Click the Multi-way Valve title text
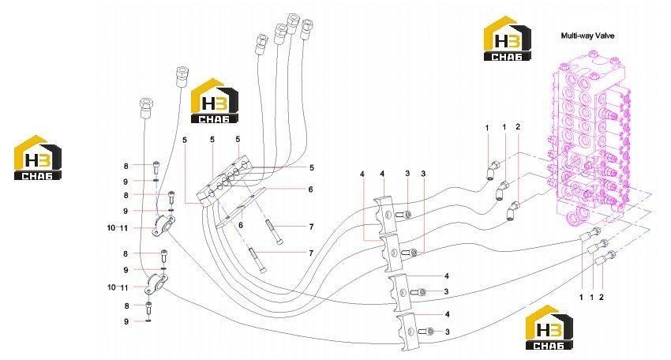pos(587,36)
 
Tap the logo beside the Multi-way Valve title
pos(507,39)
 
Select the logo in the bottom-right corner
pos(549,328)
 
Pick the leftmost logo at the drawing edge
pos(38,158)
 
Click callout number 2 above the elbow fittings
pos(518,126)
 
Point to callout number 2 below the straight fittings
pos(601,297)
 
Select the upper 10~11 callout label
pos(118,228)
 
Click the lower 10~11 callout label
pos(118,287)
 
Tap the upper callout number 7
pos(311,227)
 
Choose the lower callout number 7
pos(311,253)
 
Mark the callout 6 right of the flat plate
pos(311,189)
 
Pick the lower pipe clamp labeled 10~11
pos(156,284)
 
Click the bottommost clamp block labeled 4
pos(406,331)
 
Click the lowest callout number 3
pos(447,332)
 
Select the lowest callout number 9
pos(126,321)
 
